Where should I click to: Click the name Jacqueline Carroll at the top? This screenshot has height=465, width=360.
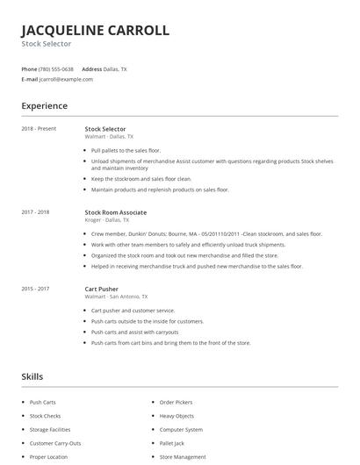click(95, 30)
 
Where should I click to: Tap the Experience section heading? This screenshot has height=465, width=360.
click(44, 106)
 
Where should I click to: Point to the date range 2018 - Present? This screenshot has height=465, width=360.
click(39, 129)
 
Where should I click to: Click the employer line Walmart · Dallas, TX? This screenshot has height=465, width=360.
click(109, 137)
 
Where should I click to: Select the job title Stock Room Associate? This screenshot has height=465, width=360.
click(115, 212)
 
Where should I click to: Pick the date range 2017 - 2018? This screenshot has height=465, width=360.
click(35, 212)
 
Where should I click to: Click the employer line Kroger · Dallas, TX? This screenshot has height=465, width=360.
click(107, 221)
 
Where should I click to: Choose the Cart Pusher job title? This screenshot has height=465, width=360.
click(101, 289)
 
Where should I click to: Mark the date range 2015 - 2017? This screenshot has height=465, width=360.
click(35, 289)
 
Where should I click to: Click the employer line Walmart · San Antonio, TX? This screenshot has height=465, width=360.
click(116, 297)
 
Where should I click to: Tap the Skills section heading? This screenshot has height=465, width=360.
click(32, 376)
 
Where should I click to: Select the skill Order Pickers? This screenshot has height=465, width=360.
click(176, 403)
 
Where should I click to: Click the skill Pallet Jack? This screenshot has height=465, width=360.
click(172, 443)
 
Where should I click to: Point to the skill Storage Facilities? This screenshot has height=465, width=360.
click(50, 430)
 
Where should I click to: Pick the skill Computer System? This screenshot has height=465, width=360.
click(181, 430)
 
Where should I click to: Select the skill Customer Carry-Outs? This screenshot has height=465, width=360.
click(55, 443)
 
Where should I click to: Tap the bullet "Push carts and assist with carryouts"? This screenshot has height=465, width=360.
click(134, 333)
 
